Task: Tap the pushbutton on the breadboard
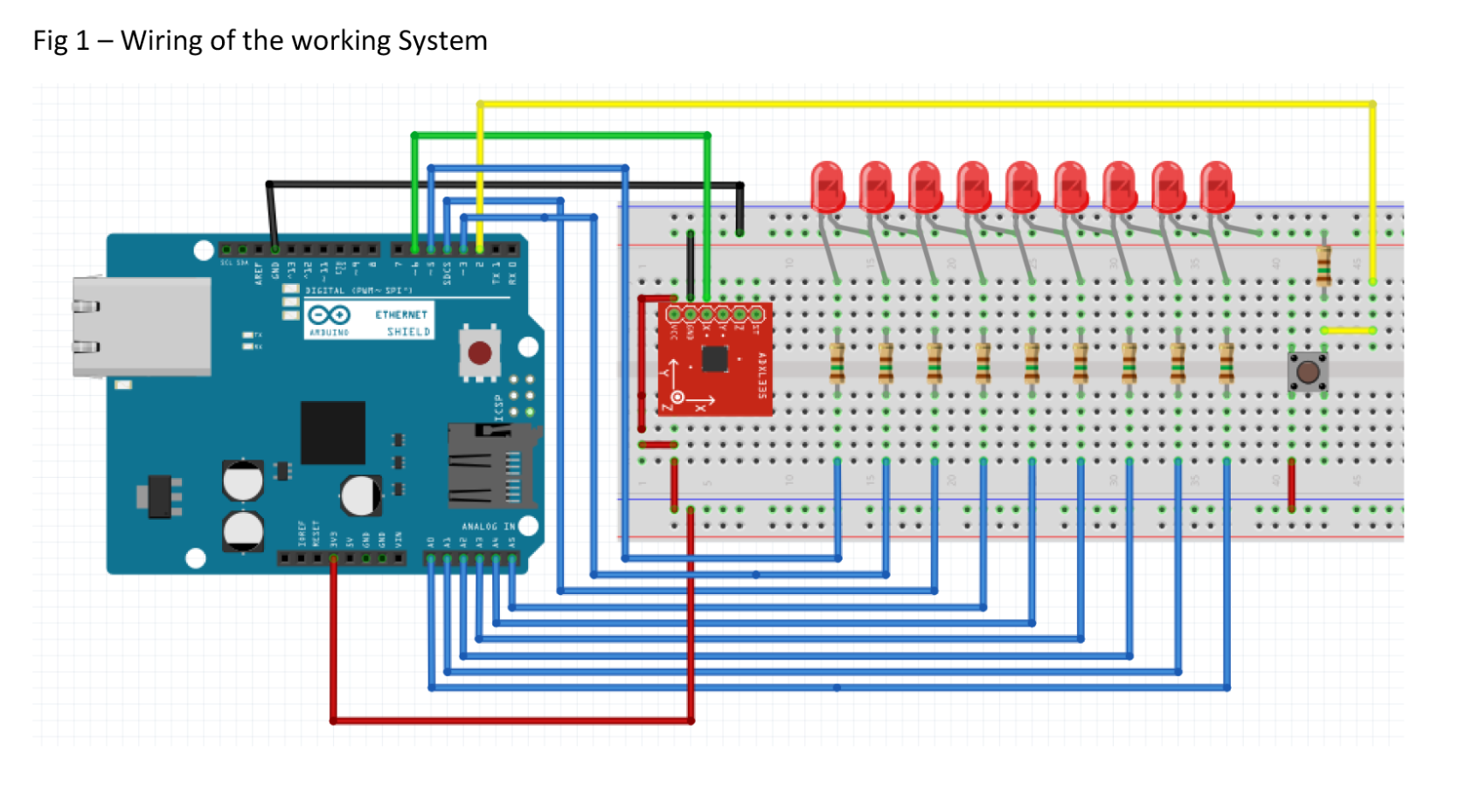[1308, 372]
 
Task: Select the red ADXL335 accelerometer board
[714, 359]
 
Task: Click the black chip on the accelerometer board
[714, 358]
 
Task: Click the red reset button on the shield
[479, 353]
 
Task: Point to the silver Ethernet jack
[142, 326]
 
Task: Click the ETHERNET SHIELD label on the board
[402, 322]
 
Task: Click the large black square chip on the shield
[332, 432]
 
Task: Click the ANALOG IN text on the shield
[488, 526]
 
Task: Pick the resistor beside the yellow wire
[1323, 266]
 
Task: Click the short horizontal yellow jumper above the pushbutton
[1348, 330]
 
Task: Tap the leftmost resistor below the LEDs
[837, 363]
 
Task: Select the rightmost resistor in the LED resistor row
[1226, 363]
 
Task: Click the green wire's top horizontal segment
[559, 135]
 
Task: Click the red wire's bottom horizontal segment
[511, 721]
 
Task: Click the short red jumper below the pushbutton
[1291, 485]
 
